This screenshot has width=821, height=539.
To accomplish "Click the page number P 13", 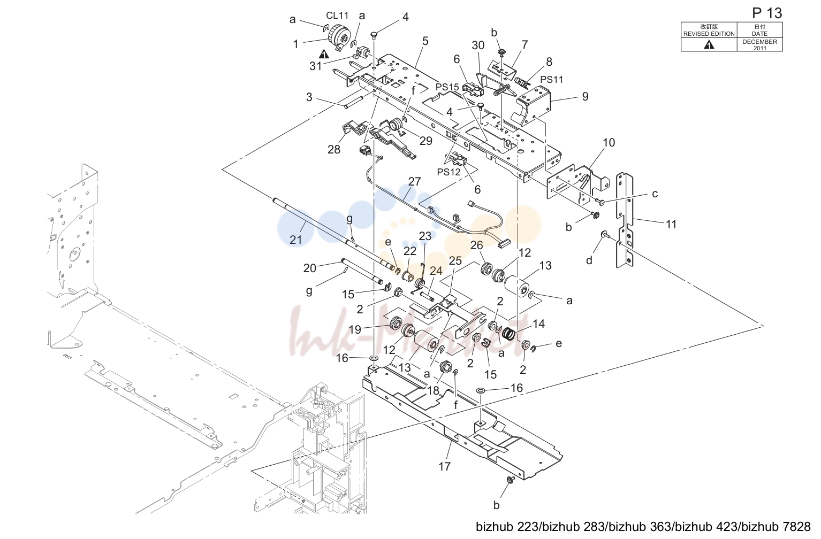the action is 767,13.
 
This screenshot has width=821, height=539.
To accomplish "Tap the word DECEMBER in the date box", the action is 759,42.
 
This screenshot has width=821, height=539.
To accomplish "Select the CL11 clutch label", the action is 337,16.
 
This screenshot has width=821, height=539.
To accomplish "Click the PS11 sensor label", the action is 552,80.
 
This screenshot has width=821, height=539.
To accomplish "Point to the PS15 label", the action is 447,87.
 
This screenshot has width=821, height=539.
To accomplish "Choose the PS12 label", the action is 448,172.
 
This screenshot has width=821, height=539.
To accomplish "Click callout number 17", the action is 444,466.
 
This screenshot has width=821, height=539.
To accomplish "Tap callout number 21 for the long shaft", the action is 295,240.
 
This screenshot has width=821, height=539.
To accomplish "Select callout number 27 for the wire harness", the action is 415,181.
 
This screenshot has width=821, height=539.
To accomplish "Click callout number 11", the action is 671,224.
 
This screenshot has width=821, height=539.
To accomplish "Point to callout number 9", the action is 586,96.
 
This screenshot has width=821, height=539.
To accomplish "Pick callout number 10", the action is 609,142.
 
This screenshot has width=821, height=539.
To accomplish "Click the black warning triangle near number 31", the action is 324,54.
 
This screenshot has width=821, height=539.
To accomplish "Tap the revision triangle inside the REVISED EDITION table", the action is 709,45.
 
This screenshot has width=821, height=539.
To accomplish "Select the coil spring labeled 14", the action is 508,333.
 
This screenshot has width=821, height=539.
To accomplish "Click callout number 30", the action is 478,45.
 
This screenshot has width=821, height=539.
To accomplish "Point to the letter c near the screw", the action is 655,194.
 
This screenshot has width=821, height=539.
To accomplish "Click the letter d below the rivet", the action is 589,260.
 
